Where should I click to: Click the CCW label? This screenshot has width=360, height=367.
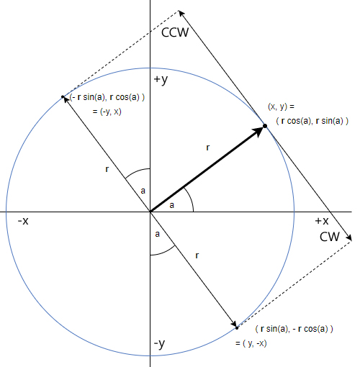click(175, 32)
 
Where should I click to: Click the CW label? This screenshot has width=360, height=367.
click(330, 237)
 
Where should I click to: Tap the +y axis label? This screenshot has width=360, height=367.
click(161, 80)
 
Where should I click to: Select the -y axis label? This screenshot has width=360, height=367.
click(159, 344)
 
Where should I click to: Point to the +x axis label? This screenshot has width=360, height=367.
click(322, 221)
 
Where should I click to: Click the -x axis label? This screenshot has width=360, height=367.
click(23, 221)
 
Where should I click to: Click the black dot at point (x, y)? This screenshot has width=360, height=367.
click(265, 126)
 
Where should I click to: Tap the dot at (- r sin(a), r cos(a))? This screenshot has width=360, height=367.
click(63, 97)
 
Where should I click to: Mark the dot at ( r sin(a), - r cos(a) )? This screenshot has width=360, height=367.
click(237, 328)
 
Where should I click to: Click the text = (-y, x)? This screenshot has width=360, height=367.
click(107, 112)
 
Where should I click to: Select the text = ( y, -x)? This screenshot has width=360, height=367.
click(251, 343)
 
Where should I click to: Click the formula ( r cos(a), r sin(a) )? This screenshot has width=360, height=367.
click(312, 121)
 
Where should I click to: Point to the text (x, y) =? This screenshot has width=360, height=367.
click(281, 107)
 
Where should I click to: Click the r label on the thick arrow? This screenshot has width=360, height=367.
click(208, 148)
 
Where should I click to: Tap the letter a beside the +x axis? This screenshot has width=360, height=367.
click(171, 205)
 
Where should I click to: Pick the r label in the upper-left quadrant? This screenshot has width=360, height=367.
click(107, 169)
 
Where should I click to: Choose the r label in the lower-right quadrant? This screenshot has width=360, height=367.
click(197, 255)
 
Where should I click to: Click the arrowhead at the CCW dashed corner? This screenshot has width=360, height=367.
click(181, 14)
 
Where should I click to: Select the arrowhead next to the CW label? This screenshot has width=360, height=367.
click(348, 237)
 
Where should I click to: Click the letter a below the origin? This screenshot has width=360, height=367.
click(157, 234)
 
